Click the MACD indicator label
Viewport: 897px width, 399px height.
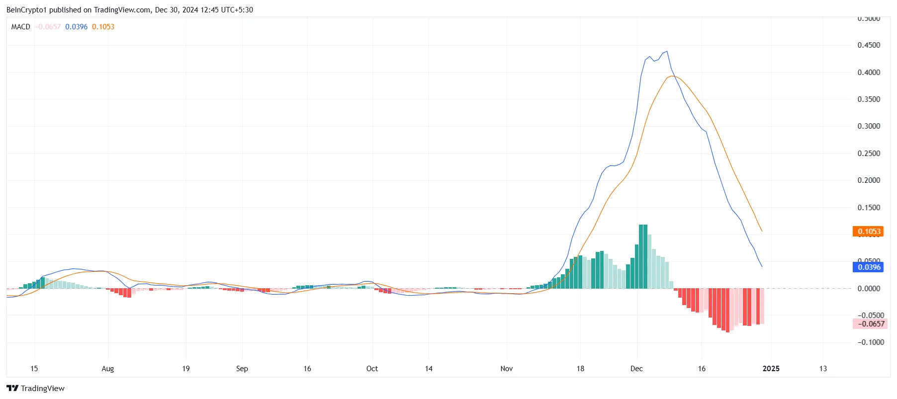[21, 27]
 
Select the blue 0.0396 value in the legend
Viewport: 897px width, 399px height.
[76, 27]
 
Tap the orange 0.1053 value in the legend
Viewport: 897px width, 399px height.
[103, 27]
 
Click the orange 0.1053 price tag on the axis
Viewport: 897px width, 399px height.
[869, 232]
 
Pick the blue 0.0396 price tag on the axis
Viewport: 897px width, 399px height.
[869, 267]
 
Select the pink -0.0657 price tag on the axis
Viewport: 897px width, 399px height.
[869, 324]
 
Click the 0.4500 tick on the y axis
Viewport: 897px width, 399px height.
[869, 45]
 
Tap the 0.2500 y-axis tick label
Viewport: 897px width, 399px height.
[869, 154]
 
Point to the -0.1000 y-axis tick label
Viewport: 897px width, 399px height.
[871, 342]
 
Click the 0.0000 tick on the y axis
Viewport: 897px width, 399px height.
[869, 289]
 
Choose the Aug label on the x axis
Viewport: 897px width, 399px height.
[107, 369]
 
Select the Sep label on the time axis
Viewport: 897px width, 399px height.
[242, 369]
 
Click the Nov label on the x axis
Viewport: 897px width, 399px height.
[506, 369]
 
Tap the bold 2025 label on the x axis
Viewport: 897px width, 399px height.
[771, 369]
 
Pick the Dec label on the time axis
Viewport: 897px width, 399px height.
[636, 369]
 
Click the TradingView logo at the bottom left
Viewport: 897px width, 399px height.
[35, 389]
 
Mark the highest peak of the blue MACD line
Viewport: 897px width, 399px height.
[667, 51]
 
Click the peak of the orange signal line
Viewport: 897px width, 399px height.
[672, 76]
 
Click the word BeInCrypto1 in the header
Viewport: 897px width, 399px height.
[26, 10]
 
